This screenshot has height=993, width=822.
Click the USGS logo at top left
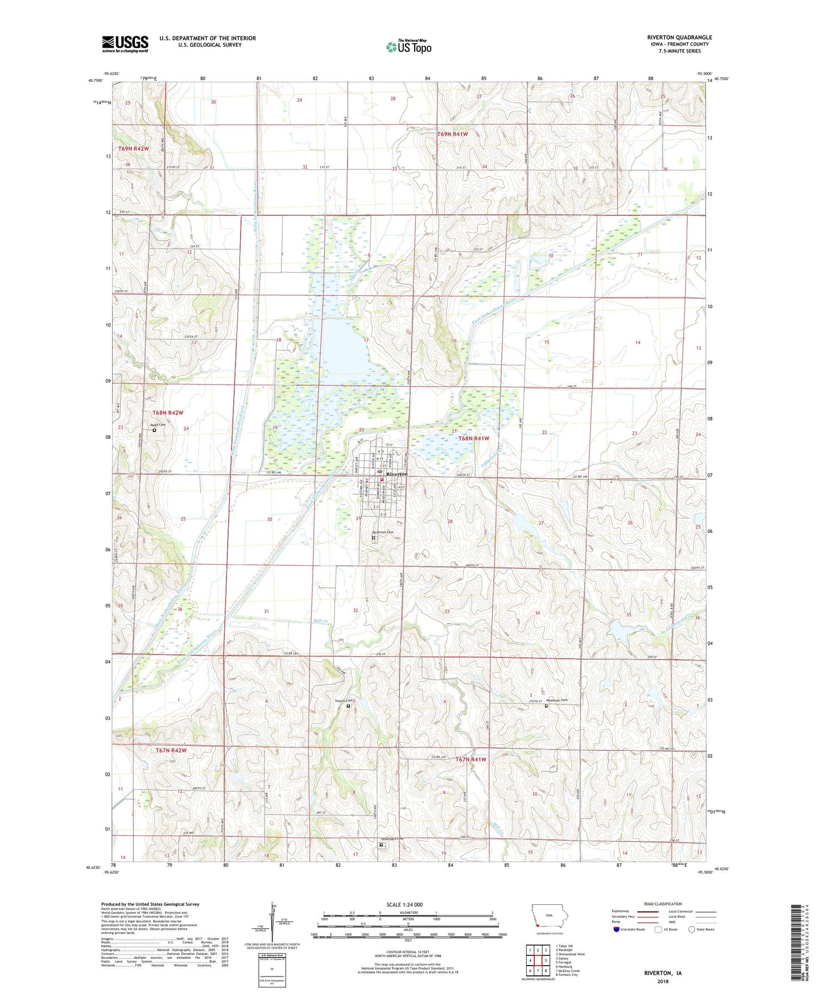[125, 44]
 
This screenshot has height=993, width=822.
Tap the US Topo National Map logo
[408, 47]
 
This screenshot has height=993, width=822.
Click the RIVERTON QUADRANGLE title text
[679, 38]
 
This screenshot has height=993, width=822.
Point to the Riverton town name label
[396, 474]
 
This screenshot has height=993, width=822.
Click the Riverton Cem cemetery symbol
[374, 537]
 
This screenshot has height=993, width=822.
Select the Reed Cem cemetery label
[158, 425]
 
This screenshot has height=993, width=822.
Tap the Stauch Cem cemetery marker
[348, 706]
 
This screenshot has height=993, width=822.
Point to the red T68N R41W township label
[473, 438]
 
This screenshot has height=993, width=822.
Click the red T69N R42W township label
[133, 148]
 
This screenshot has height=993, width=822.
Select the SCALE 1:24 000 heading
[404, 904]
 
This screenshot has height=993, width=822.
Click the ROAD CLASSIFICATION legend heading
[663, 904]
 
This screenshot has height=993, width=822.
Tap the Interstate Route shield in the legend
[617, 929]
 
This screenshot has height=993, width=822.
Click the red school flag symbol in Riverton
[382, 479]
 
